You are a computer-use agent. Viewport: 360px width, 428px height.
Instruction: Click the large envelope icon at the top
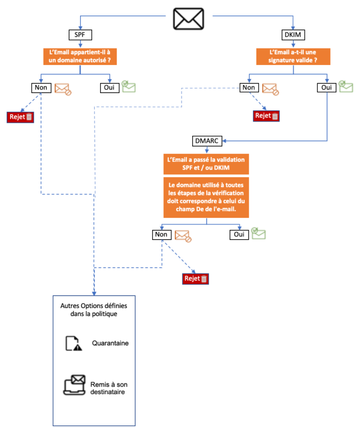point(188,19)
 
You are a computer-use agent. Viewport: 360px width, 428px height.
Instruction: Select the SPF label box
point(80,34)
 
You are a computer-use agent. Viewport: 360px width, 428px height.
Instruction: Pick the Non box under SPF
point(41,87)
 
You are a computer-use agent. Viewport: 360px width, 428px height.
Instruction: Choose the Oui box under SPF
point(109,87)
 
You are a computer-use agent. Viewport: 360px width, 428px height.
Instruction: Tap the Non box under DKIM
point(249,87)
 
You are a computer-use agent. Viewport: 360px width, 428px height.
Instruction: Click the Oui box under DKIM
point(328,87)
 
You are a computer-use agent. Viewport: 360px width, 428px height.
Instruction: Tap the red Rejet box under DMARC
point(195,279)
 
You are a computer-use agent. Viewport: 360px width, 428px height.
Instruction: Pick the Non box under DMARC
point(162,234)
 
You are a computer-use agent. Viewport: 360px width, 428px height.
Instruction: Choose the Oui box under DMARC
point(239,234)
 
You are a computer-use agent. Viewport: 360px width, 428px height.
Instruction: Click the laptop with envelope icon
point(74,385)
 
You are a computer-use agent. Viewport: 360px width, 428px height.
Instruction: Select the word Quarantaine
point(110,343)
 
